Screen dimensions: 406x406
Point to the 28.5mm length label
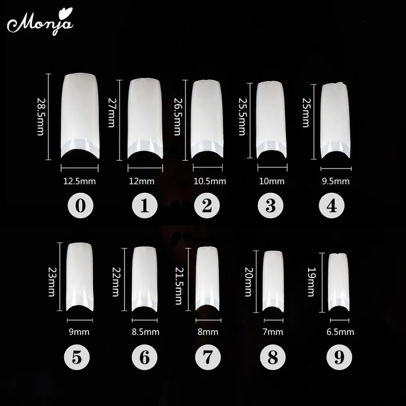coord(40,117)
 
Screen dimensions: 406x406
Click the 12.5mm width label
coord(80,181)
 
